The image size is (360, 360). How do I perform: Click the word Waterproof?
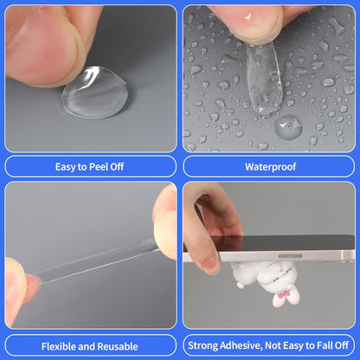tap(271, 167)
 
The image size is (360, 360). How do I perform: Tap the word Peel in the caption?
tap(100, 167)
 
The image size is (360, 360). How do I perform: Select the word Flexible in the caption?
tap(59, 346)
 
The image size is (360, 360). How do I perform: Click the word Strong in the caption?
tap(202, 345)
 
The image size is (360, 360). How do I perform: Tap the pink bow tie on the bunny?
tap(285, 294)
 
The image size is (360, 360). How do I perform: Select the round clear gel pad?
tap(95, 93)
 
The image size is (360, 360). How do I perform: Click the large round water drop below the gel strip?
tap(288, 127)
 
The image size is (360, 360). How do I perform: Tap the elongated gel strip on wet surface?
tap(264, 78)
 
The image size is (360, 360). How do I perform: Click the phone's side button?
tap(290, 256)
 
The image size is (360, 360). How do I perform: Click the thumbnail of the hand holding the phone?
tap(209, 262)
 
